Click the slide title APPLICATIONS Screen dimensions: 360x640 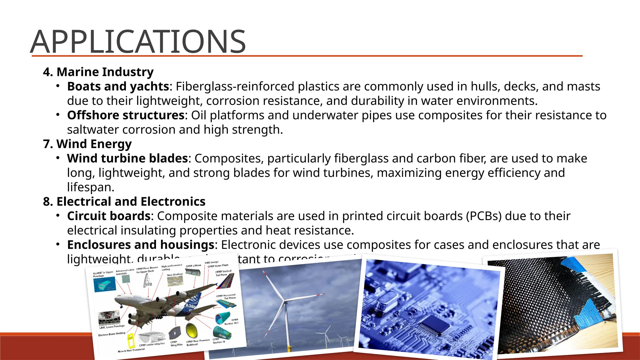tap(138, 42)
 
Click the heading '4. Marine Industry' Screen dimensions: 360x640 tap(98, 72)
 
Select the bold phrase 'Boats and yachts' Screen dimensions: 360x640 tap(118, 87)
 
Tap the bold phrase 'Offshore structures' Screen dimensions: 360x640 tap(126, 115)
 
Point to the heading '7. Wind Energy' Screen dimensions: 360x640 tap(87, 144)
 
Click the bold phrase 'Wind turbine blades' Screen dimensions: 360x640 tap(127, 158)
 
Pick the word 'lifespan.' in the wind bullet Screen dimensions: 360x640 tap(91, 187)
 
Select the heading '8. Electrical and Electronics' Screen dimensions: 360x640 tap(124, 202)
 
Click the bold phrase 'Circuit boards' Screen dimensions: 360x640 tap(109, 216)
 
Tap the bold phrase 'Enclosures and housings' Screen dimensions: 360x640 tap(140, 245)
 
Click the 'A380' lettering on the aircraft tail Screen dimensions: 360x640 tap(191, 306)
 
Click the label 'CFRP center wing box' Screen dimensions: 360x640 tap(152, 344)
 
